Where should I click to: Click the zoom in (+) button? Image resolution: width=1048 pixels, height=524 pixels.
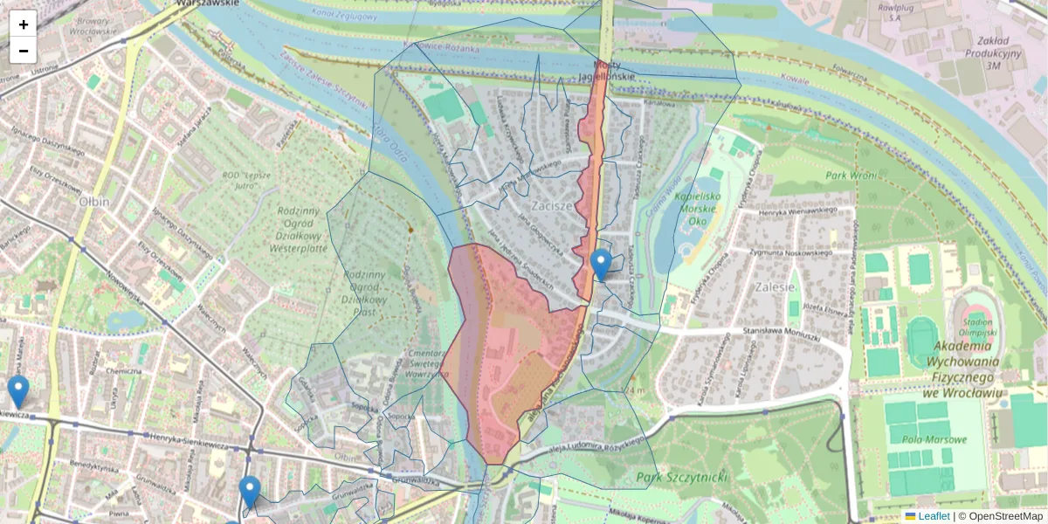pos(24,24)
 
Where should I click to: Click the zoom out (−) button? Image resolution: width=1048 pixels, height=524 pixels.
pos(24,51)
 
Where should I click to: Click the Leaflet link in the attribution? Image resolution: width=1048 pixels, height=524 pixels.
pos(934,516)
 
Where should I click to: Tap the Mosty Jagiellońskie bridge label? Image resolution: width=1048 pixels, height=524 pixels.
pos(609,71)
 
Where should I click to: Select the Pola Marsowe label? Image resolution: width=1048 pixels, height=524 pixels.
pos(936,439)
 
